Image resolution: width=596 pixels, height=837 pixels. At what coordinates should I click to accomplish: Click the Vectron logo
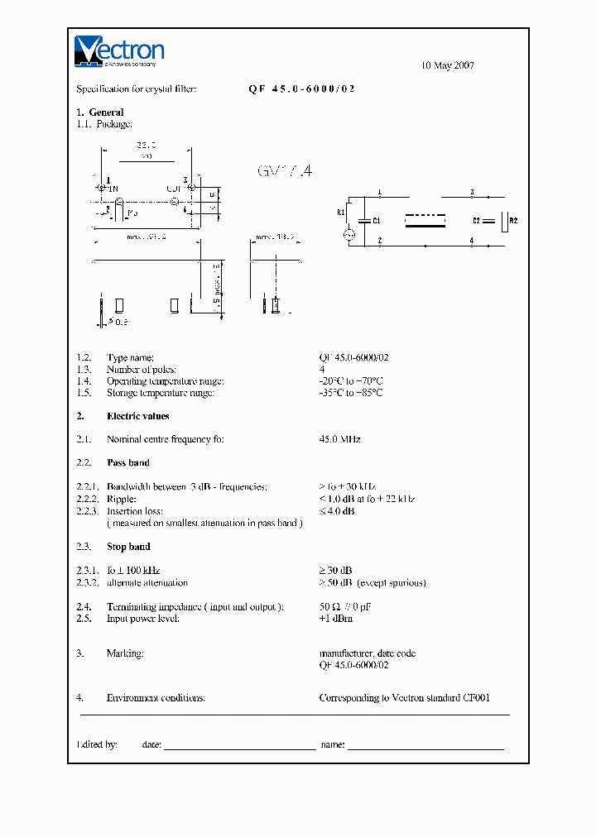click(119, 50)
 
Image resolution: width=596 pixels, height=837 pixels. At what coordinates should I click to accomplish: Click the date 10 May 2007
click(448, 65)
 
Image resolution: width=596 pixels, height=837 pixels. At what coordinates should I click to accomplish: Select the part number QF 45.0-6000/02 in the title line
click(301, 88)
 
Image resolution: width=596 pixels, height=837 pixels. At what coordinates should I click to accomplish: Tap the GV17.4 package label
click(286, 171)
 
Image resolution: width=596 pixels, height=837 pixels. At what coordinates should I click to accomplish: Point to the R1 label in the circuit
click(340, 213)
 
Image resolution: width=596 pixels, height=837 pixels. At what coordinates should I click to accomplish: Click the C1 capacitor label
click(377, 221)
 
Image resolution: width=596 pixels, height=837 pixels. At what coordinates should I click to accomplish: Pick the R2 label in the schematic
click(513, 221)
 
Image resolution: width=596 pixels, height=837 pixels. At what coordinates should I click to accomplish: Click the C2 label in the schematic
click(476, 221)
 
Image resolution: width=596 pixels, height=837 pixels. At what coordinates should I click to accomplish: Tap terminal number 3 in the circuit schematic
click(472, 192)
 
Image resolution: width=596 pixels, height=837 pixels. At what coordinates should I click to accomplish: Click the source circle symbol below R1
click(349, 235)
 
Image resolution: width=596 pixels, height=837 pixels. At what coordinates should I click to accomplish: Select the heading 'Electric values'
click(138, 416)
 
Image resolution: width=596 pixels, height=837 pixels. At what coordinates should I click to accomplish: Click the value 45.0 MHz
click(339, 439)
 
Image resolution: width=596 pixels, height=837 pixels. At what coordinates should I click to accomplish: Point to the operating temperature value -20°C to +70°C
click(351, 381)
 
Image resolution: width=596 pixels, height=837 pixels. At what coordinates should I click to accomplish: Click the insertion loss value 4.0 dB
click(340, 511)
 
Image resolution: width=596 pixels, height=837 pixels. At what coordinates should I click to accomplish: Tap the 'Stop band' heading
click(128, 547)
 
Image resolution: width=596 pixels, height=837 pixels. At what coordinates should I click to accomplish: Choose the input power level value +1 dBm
click(336, 619)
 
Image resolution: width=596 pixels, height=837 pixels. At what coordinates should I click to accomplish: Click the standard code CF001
click(477, 698)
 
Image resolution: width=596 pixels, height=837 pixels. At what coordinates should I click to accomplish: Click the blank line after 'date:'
click(240, 746)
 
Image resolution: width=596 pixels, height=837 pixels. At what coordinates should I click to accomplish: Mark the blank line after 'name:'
click(425, 746)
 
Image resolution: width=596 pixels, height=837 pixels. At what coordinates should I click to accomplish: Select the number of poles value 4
click(322, 370)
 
